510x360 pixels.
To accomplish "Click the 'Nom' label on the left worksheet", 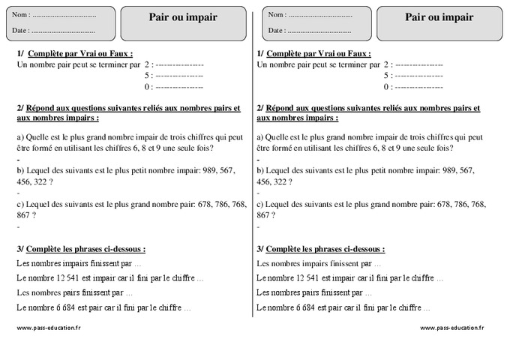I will pos(22,15).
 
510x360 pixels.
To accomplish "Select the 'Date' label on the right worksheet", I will pos(276,30).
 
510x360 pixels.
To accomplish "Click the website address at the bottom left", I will pos(49,328).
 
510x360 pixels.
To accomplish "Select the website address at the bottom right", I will pos(451,328).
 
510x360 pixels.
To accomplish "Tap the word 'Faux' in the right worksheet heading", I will pos(359,54).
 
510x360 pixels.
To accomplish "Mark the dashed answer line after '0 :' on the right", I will pos(418,87).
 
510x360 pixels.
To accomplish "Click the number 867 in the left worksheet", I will pos(24,214).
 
